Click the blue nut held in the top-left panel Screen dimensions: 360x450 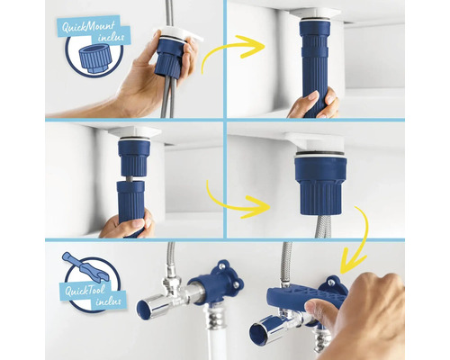pos(168,57)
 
